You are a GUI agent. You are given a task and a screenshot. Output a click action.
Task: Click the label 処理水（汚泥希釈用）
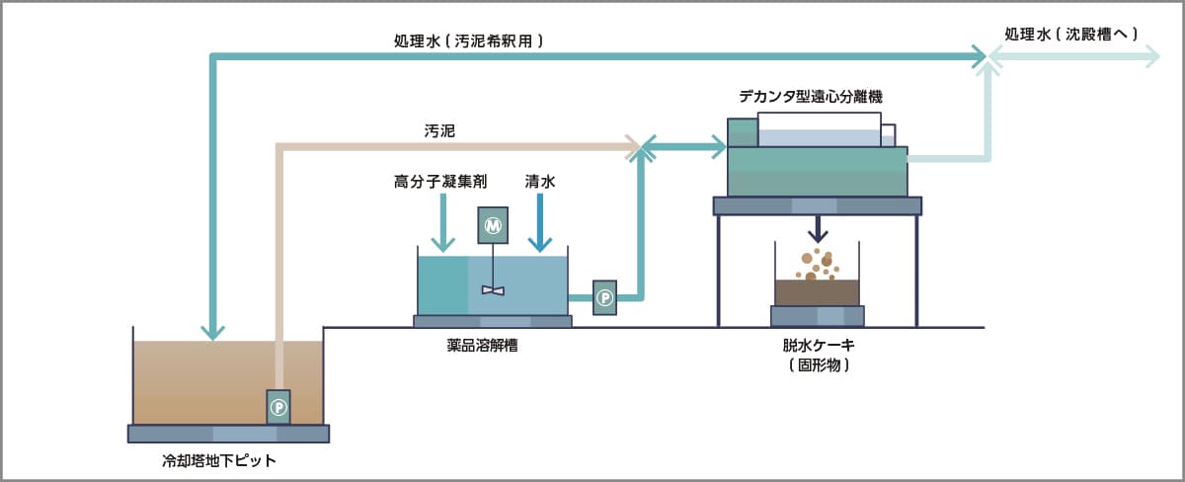[468, 41]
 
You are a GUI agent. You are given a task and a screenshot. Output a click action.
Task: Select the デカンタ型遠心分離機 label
[810, 97]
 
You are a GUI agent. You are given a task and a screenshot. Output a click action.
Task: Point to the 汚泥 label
[438, 130]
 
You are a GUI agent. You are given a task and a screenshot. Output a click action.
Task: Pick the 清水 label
[539, 183]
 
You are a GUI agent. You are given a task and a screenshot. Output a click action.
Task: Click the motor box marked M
[492, 225]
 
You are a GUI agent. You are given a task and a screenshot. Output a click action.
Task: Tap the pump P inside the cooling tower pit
[279, 406]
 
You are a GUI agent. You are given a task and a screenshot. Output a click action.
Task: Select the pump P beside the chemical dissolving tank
[605, 297]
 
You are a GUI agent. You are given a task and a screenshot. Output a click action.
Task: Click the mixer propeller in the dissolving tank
[492, 289]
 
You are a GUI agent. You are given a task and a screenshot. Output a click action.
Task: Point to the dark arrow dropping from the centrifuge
[817, 230]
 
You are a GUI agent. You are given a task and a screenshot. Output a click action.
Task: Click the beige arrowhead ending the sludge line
[633, 148]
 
